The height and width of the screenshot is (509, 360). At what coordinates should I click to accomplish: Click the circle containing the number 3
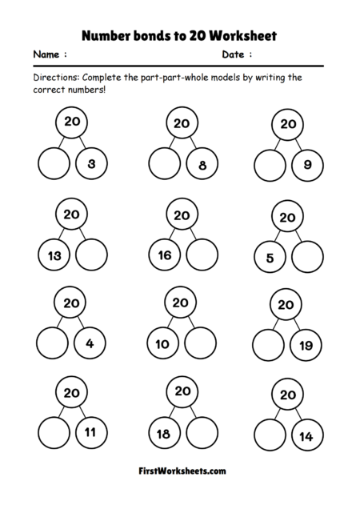click(92, 165)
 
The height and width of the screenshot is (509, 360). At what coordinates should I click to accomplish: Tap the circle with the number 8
click(202, 166)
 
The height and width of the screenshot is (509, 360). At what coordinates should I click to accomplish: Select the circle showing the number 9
click(308, 166)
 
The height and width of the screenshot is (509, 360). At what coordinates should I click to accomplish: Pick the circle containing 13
click(54, 256)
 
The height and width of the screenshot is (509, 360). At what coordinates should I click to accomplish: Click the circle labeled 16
click(164, 256)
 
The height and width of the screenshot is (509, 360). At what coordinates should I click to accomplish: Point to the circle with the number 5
click(270, 258)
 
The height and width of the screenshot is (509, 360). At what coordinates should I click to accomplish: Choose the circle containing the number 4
click(90, 345)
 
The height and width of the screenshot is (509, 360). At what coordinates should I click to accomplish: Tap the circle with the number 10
click(162, 345)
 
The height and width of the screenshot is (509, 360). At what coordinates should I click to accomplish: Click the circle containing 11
click(90, 435)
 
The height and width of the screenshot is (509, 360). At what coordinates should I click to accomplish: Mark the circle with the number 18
click(163, 435)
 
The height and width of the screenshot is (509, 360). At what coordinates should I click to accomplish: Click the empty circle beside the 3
click(54, 165)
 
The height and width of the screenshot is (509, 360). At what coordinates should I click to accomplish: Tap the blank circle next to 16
click(201, 256)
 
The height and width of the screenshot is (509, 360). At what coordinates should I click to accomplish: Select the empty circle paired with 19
click(270, 347)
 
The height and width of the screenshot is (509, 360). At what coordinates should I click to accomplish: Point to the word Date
click(234, 55)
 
